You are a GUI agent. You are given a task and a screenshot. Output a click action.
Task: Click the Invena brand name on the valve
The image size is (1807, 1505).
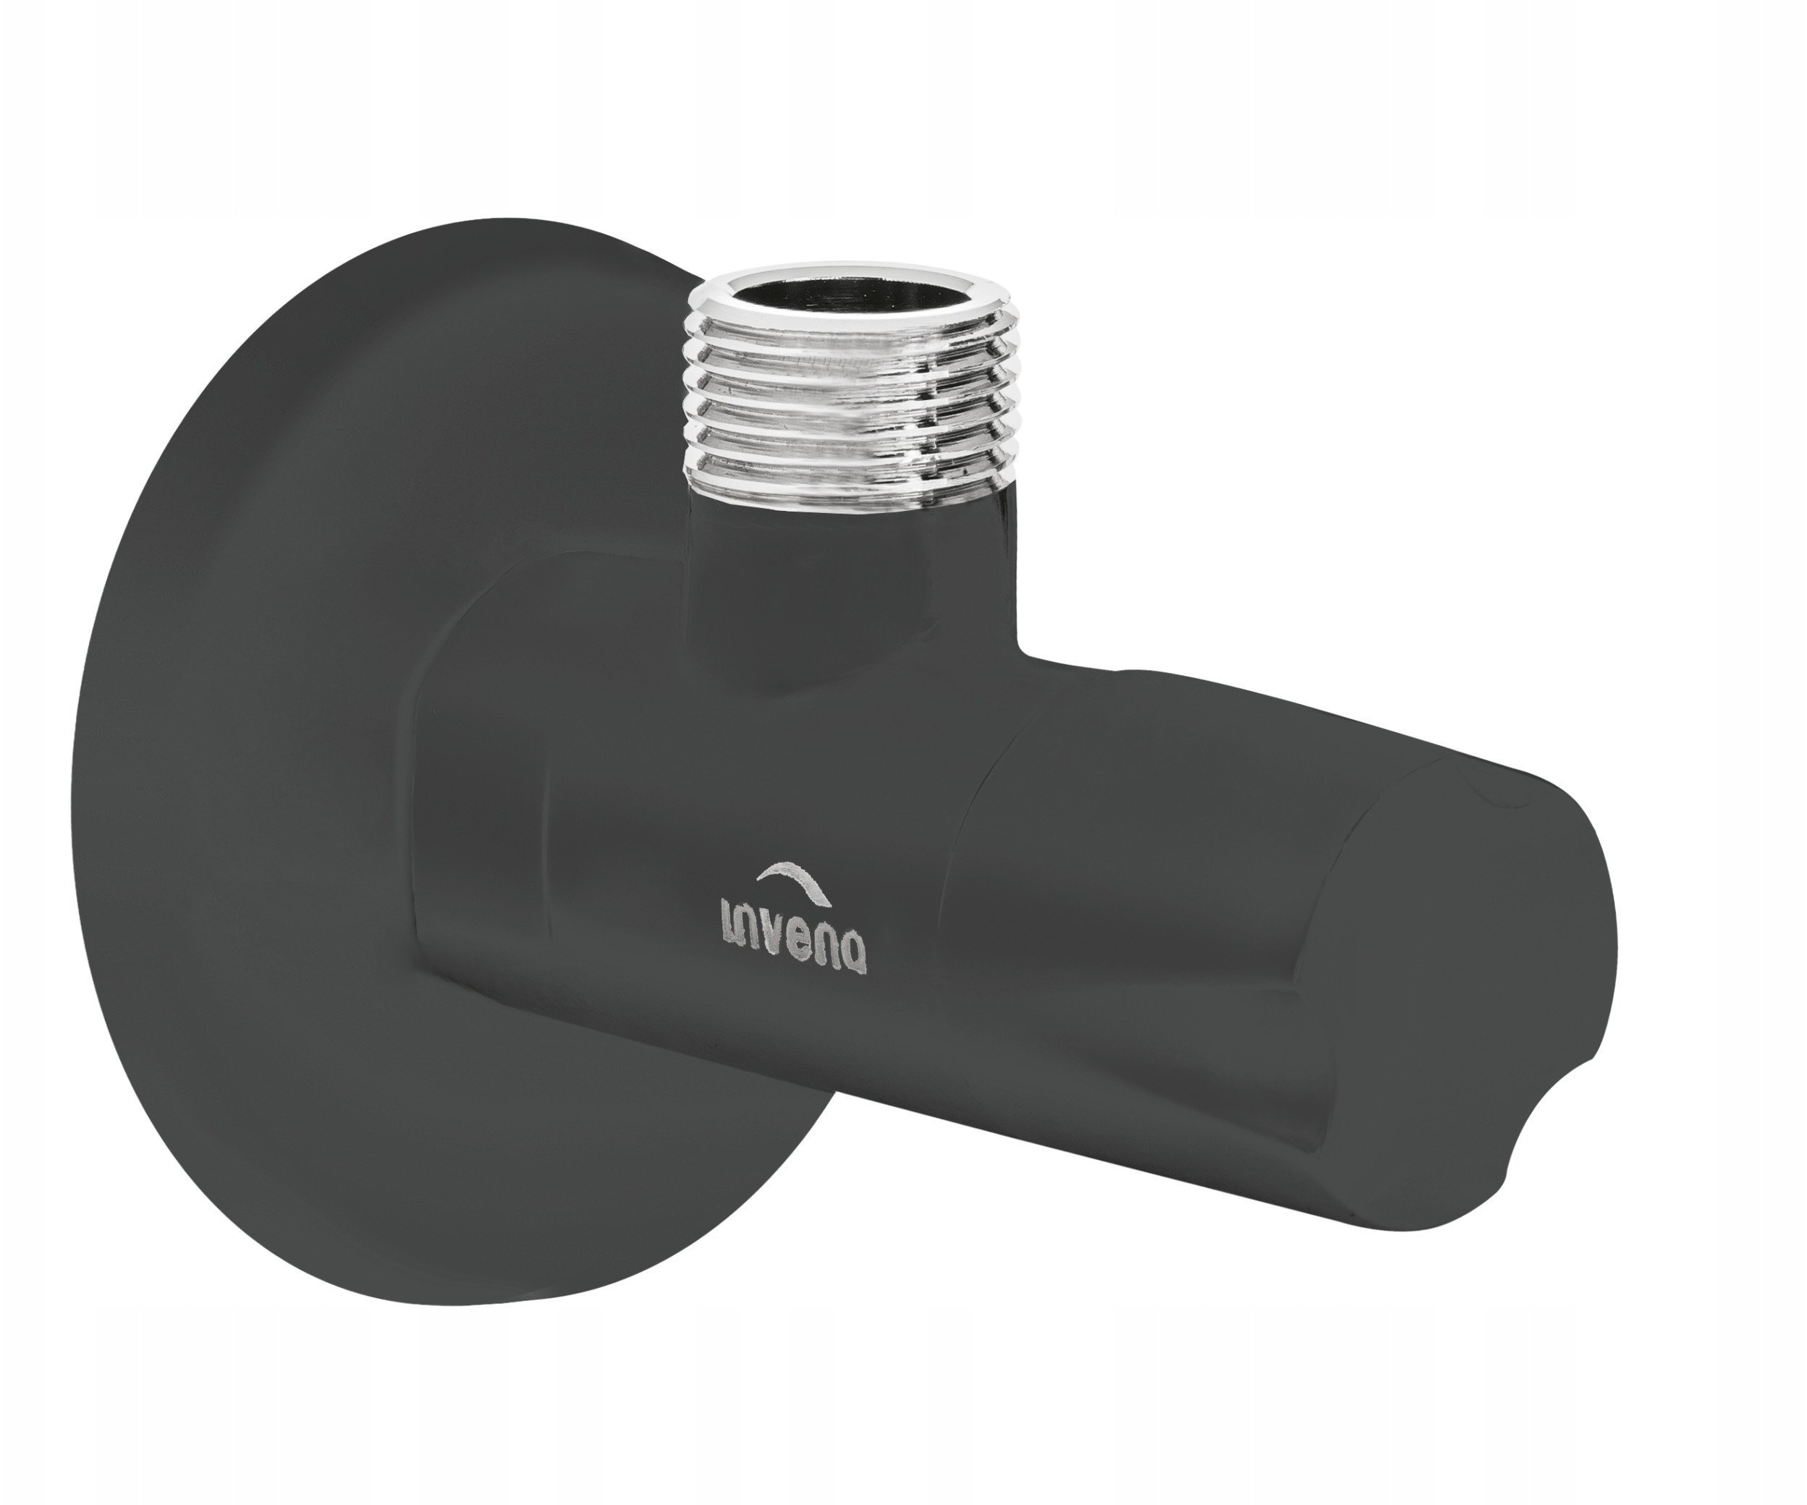(x=792, y=937)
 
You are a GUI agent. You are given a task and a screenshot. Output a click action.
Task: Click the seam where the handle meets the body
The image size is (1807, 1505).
(x=960, y=904)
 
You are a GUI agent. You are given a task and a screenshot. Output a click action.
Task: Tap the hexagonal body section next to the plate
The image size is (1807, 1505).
(x=482, y=818)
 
